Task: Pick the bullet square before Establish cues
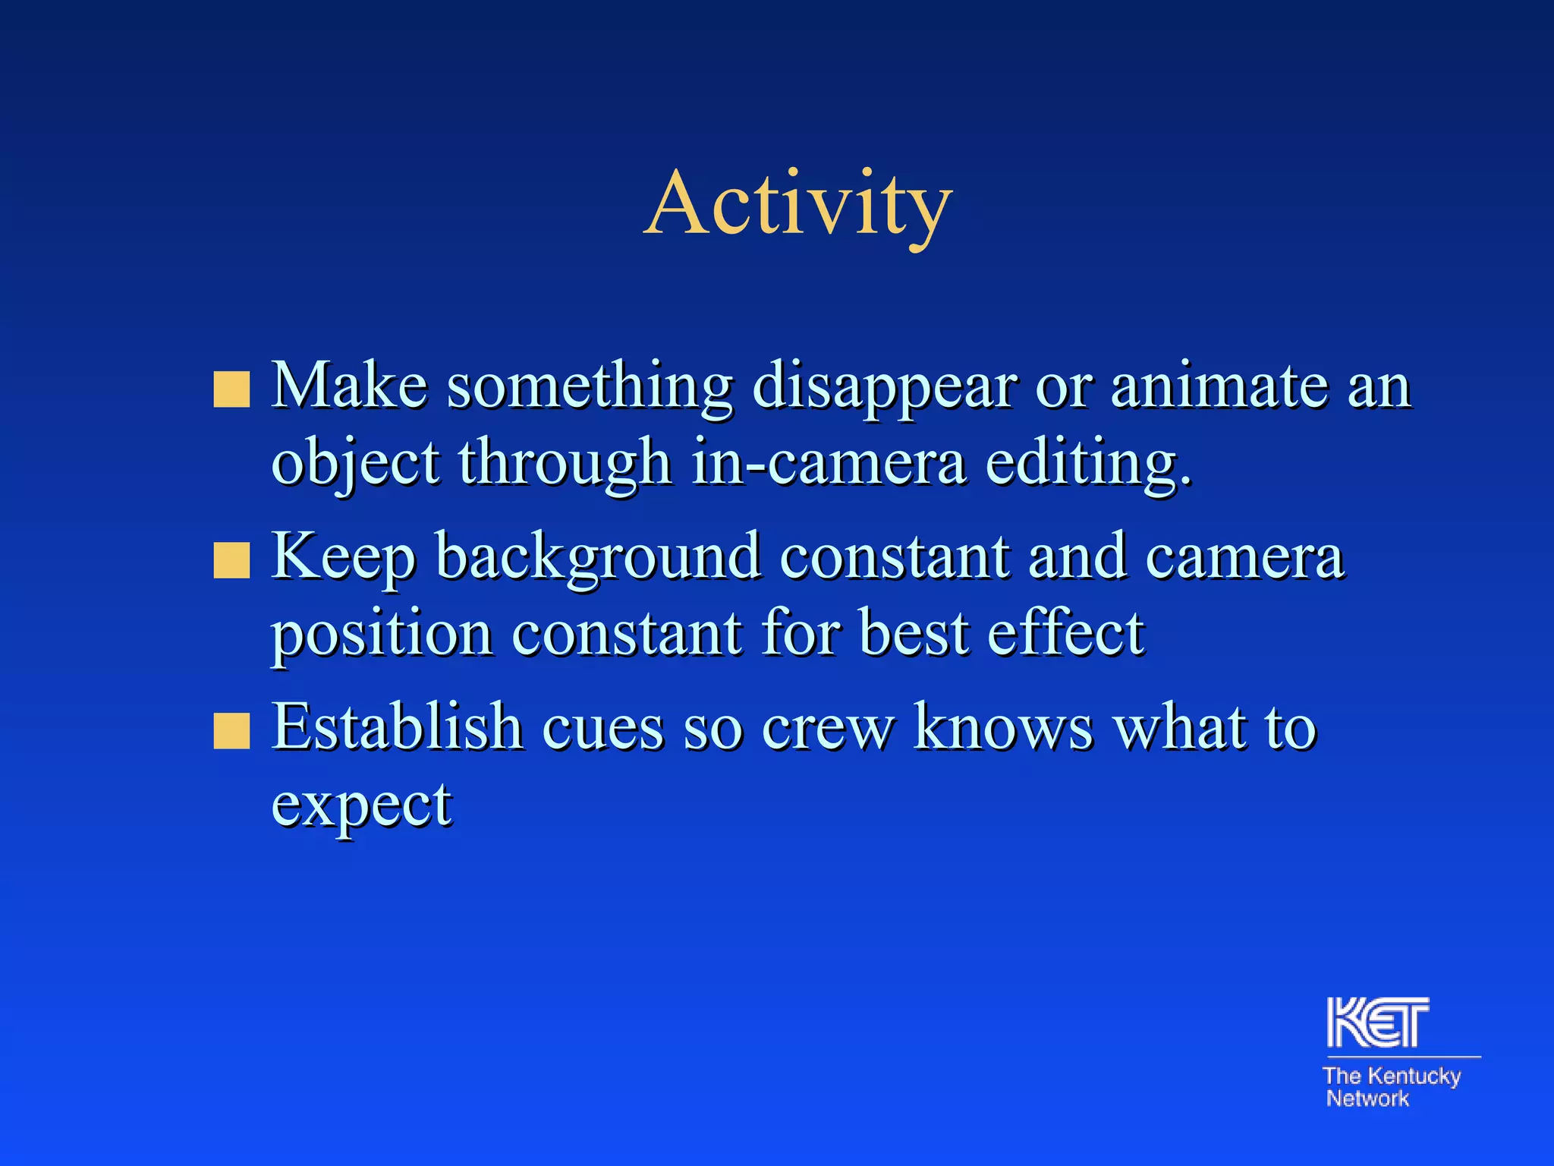coord(231,730)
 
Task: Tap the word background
coord(598,559)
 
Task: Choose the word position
coord(382,635)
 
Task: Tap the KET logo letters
coord(1377,1023)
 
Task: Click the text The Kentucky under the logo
coord(1391,1076)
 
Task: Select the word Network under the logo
coord(1367,1098)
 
